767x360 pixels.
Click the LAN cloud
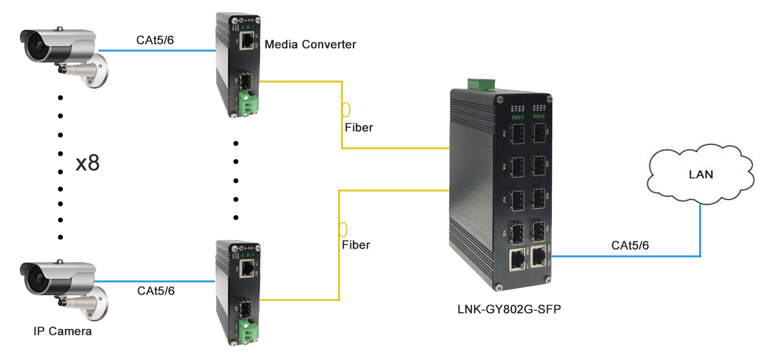700,174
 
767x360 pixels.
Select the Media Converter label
310,45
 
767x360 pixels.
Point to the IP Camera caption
62,331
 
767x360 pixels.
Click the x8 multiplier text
87,164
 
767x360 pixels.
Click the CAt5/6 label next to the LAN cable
630,246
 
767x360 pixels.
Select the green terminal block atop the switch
480,84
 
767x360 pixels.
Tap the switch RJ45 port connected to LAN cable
540,255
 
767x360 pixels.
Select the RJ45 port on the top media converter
249,40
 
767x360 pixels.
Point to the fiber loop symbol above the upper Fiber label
346,109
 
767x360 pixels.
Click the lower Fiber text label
356,245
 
